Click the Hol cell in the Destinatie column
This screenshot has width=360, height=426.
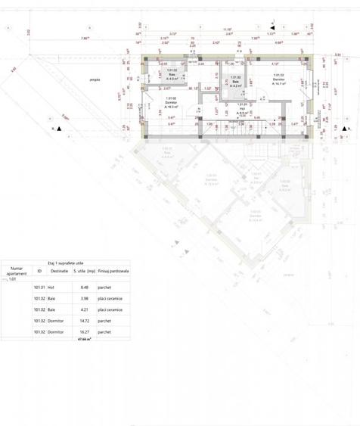[x=51, y=288]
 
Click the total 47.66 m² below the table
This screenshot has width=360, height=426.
[x=84, y=340]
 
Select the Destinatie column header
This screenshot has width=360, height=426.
[x=60, y=270]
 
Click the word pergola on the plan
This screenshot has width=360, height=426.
[x=95, y=79]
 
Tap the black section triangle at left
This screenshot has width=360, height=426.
[x=58, y=129]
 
